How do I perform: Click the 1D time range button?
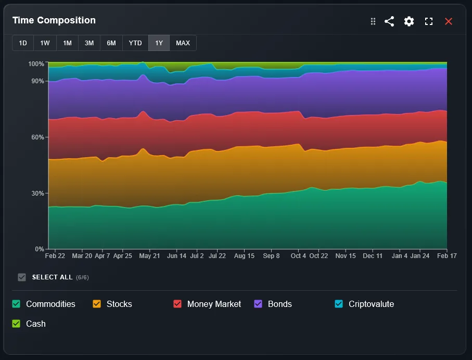pos(23,43)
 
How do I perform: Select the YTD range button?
pos(135,43)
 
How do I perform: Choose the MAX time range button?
pos(183,43)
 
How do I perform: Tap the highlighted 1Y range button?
pos(159,43)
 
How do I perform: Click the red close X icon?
pos(449,21)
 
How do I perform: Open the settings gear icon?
pos(409,21)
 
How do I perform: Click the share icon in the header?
pos(389,21)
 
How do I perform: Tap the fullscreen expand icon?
pos(429,21)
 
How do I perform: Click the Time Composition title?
pos(54,20)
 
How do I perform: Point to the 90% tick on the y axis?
pos(37,81)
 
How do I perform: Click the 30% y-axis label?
pos(37,194)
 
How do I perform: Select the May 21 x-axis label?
pos(149,256)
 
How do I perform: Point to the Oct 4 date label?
pos(299,256)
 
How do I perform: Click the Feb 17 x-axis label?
pos(446,256)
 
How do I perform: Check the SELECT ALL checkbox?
pos(22,277)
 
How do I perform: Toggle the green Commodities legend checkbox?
pos(16,304)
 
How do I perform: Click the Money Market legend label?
pos(214,304)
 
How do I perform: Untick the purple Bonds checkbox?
pos(258,304)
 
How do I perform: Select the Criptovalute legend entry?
pos(371,304)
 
